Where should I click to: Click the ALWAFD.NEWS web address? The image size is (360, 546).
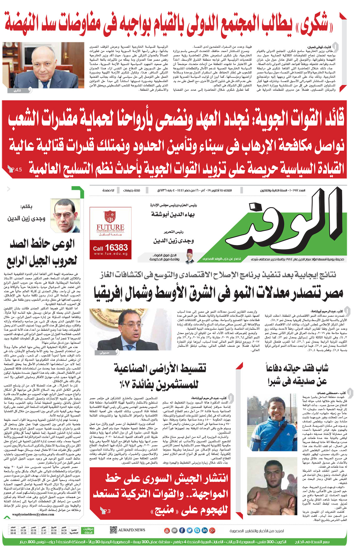click(131, 530)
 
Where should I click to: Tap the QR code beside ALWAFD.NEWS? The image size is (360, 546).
click(113, 530)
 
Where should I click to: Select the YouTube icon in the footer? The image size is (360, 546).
click(167, 530)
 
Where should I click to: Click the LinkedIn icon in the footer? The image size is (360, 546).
click(205, 530)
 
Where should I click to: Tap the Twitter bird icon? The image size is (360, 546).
click(189, 530)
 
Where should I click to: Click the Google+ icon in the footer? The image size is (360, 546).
click(212, 530)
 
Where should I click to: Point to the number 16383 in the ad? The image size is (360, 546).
click(116, 248)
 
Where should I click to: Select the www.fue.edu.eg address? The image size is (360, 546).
click(110, 254)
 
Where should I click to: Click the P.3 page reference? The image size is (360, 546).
click(107, 511)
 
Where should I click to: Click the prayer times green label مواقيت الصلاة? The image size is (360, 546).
click(89, 530)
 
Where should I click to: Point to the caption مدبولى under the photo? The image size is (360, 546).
click(105, 353)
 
